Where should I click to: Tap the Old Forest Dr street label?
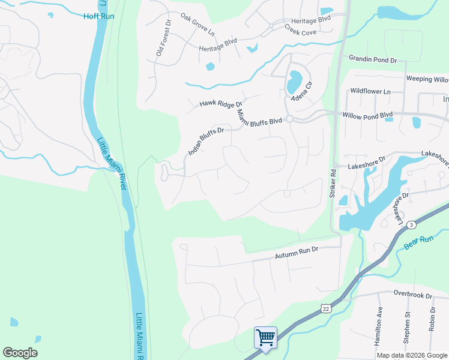(x=163, y=38)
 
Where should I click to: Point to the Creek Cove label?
(x=300, y=27)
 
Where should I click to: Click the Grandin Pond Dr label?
(x=373, y=60)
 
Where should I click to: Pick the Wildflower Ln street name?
(x=370, y=91)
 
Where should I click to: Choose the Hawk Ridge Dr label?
(x=220, y=104)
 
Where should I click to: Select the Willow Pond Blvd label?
(x=367, y=114)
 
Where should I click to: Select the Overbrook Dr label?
(x=413, y=295)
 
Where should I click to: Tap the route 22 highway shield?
(x=325, y=308)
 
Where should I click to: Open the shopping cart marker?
(x=265, y=337)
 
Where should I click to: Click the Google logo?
(x=20, y=353)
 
